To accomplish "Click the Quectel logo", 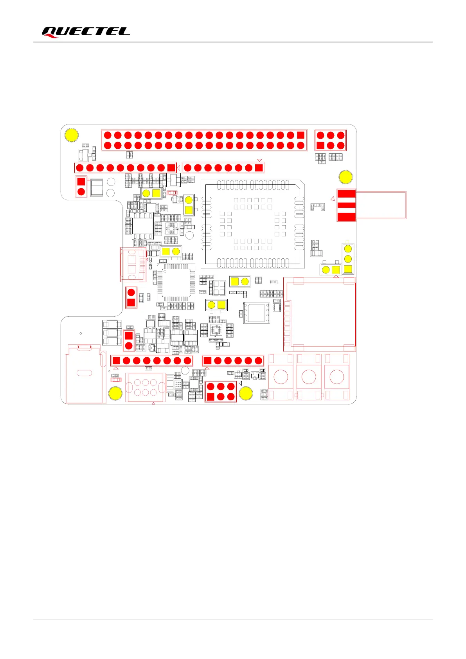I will (86, 32).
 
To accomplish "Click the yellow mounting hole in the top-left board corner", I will (72, 135).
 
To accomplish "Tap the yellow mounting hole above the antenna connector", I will (345, 177).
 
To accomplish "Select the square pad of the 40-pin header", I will (300, 135).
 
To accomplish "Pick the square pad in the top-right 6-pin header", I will (320, 146).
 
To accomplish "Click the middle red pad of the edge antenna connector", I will (346, 205).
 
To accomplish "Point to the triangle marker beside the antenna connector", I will (333, 199).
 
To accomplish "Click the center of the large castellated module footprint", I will (253, 224).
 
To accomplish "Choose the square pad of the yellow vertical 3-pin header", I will (348, 269).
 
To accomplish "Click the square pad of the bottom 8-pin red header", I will (116, 361).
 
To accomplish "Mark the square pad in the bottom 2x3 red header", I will (211, 397).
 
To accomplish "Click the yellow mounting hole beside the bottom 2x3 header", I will (246, 393).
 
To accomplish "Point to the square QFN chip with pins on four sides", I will (176, 283).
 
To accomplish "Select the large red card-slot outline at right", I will (320, 314).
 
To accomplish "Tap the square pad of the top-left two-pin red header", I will (81, 182).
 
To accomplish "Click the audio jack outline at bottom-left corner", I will (84, 374).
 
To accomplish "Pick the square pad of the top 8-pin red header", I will (259, 168).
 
